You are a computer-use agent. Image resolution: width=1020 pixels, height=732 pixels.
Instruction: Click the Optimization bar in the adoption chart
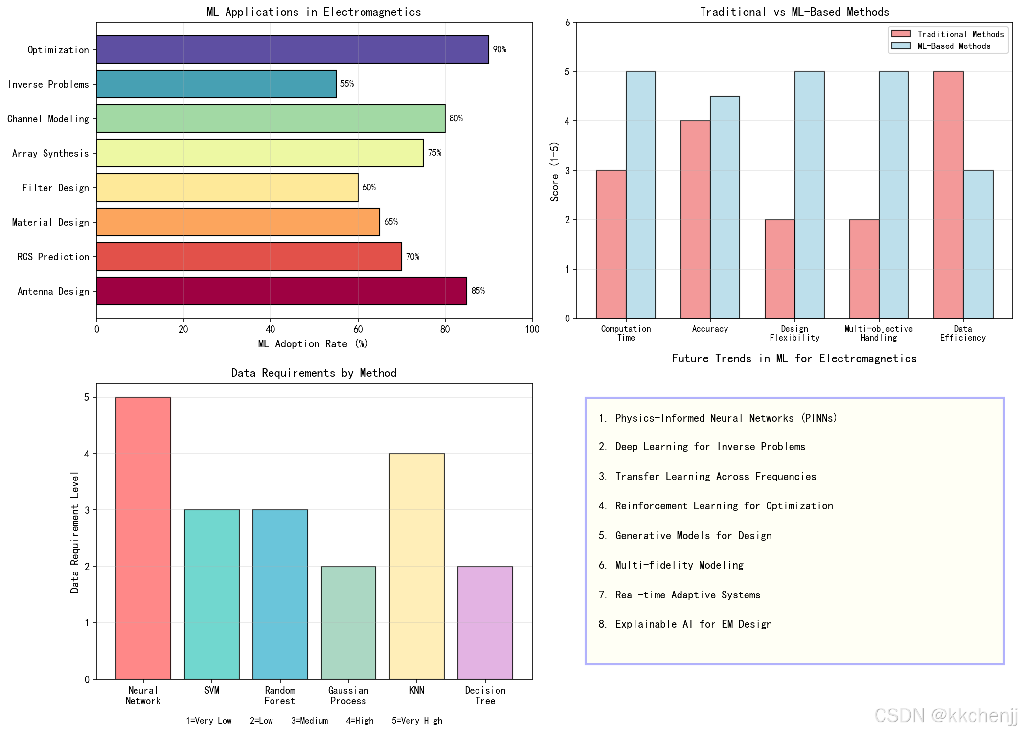[x=292, y=49]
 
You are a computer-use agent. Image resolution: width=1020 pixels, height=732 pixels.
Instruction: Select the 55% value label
[x=347, y=84]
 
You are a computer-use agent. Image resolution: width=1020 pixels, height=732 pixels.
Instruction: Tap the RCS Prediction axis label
[x=53, y=257]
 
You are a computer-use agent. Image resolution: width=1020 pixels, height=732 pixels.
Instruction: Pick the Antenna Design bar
[x=281, y=291]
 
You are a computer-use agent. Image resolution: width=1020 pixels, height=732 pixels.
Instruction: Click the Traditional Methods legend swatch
[x=901, y=34]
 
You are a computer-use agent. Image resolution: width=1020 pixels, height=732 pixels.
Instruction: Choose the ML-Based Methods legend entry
[x=953, y=46]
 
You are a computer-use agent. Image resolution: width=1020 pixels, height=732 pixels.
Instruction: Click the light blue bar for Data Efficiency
[x=978, y=244]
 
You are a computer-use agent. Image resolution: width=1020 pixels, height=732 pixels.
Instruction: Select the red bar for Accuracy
[x=695, y=220]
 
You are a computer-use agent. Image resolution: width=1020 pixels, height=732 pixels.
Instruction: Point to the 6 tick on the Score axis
[x=567, y=23]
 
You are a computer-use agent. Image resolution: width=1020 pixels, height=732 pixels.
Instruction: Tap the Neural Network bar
[x=143, y=538]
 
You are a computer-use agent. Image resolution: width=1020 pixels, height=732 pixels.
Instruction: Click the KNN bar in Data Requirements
[x=417, y=566]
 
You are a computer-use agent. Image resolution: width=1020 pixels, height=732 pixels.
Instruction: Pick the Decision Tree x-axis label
[x=485, y=695]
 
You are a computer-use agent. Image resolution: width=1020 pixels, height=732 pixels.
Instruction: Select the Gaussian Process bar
[x=348, y=622]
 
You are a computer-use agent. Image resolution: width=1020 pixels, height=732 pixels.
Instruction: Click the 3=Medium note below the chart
[x=309, y=721]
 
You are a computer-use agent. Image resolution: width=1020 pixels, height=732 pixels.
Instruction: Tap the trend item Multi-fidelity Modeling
[x=679, y=565]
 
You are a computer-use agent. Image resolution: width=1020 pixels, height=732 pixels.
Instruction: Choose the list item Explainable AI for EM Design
[x=693, y=624]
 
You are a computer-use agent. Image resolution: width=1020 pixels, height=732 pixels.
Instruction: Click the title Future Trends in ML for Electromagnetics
[x=794, y=358]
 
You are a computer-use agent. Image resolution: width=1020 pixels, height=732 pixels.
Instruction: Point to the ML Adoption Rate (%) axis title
[x=313, y=344]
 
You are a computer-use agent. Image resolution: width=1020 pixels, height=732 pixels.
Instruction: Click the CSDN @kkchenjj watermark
[x=945, y=715]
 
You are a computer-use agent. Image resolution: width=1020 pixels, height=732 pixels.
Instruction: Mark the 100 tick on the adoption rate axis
[x=532, y=329]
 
